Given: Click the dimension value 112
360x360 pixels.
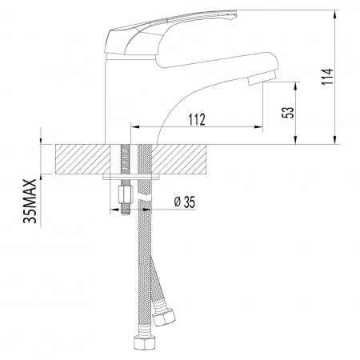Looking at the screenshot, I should click(198, 119).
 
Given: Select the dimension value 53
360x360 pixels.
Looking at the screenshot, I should click(286, 111).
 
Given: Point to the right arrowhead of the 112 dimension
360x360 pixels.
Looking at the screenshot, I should click(262, 127).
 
